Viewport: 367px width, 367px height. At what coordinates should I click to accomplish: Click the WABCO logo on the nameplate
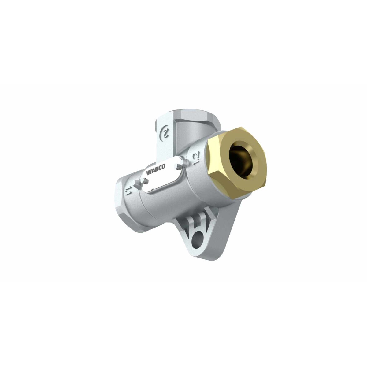(x=156, y=169)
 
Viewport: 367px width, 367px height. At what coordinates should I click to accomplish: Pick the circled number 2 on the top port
(x=165, y=132)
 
